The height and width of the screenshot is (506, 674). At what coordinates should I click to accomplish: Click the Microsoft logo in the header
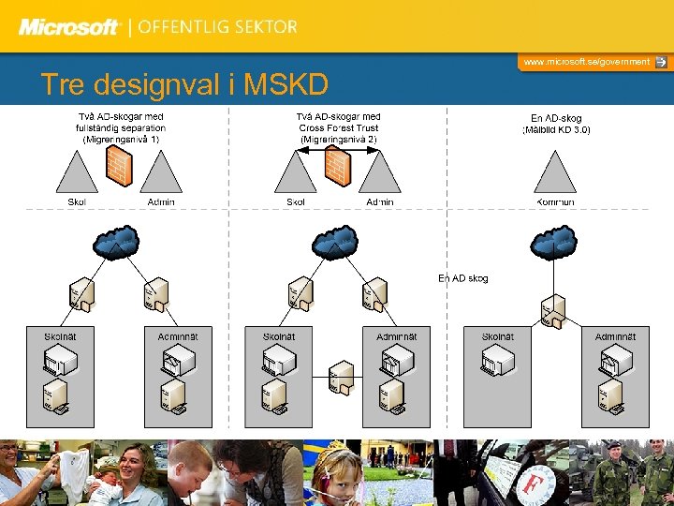70,27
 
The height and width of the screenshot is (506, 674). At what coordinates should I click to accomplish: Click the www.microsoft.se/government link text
586,62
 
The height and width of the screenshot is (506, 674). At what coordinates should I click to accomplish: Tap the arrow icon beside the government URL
661,62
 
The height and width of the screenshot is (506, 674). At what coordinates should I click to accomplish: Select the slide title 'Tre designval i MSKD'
184,85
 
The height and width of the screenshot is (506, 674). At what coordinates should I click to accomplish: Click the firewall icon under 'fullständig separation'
119,166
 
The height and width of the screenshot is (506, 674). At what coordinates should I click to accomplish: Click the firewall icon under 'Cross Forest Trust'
337,166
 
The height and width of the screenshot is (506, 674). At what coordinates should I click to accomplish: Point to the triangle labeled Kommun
555,172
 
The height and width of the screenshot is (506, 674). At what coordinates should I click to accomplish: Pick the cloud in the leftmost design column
118,243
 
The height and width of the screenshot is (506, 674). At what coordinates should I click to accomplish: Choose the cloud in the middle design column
336,243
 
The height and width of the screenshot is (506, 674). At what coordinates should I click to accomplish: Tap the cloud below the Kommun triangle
555,243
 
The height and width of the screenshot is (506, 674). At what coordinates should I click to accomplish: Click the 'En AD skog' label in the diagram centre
463,278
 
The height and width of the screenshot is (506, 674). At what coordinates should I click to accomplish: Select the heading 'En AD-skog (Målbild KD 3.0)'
556,124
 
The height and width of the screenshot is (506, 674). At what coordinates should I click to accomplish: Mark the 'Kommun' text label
555,201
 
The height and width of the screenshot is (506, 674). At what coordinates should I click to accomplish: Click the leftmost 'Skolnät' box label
61,336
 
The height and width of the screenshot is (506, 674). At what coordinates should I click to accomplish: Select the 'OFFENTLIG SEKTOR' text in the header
218,27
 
